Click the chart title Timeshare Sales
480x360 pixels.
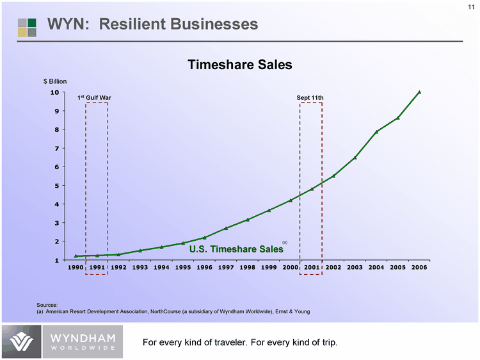(x=239, y=65)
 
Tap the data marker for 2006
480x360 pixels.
(x=419, y=92)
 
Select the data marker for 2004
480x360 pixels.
(x=376, y=131)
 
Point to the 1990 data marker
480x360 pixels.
(x=76, y=256)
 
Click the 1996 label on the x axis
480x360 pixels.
(x=204, y=267)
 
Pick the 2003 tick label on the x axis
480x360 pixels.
(x=355, y=267)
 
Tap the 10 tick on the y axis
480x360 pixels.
(x=55, y=92)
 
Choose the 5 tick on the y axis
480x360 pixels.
(x=56, y=186)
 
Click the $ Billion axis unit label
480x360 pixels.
(x=55, y=82)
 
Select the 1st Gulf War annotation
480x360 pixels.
(x=95, y=97)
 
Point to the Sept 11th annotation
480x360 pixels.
(x=310, y=97)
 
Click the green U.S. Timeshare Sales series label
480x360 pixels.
(x=236, y=249)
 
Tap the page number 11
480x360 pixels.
(x=470, y=7)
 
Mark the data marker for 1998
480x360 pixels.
(x=247, y=220)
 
